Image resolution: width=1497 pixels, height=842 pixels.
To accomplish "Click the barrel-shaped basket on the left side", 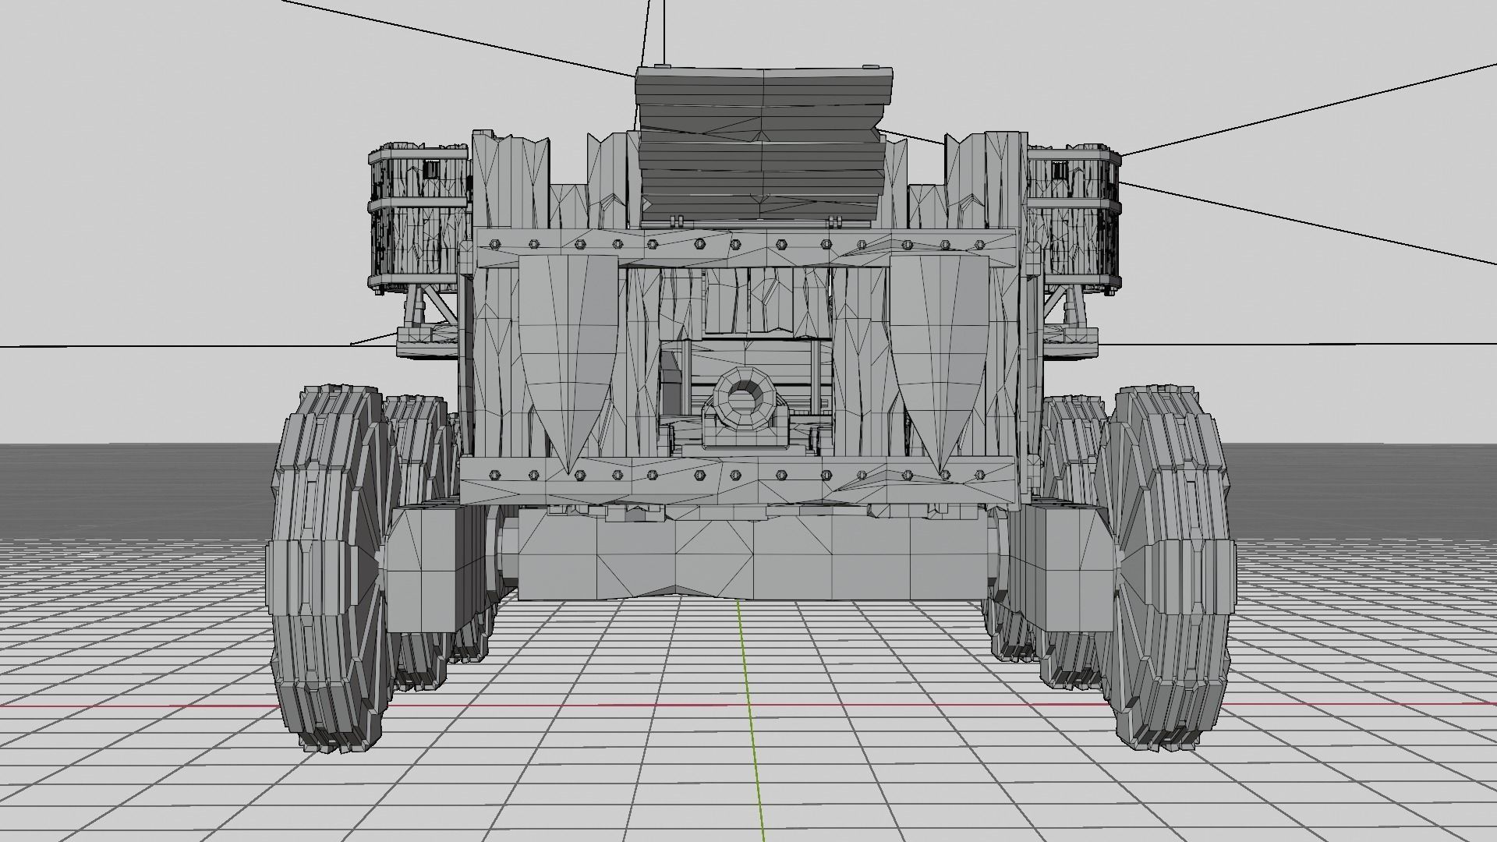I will coord(419,218).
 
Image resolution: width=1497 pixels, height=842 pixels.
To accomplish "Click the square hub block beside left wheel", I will coord(425,569).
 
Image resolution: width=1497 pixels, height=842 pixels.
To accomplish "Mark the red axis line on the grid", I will coord(156,706).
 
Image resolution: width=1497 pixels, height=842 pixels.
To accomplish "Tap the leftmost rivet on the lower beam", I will coord(494,473).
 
